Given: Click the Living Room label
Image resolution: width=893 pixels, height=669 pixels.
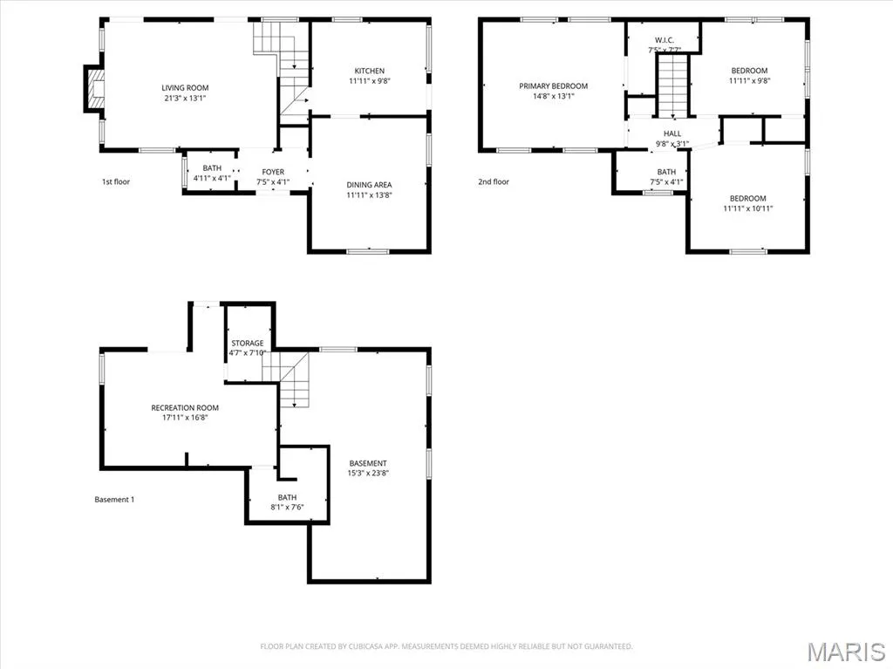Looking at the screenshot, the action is (185, 88).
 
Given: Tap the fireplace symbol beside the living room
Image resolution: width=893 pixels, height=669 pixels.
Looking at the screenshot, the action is (95, 88).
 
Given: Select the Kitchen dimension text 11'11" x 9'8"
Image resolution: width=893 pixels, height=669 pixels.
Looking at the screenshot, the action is (370, 81).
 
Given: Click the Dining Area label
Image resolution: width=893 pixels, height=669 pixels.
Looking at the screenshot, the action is (369, 185).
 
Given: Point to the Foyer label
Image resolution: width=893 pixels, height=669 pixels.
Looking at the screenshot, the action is (273, 172).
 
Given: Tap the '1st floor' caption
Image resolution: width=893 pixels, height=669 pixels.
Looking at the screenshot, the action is (116, 181).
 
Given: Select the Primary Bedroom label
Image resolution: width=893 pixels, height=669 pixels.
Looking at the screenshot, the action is (553, 86).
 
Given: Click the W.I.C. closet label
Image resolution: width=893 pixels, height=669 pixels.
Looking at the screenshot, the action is (664, 40).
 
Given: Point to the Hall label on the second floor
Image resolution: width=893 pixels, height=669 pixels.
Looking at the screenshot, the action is (672, 133).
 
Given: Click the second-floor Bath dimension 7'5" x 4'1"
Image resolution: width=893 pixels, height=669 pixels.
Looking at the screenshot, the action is (666, 182).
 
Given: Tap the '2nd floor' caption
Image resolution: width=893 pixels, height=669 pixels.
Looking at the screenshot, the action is (494, 181).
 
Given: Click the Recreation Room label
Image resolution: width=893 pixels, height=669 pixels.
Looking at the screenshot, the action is (185, 407).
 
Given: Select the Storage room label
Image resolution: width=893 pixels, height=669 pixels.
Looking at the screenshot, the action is (247, 343).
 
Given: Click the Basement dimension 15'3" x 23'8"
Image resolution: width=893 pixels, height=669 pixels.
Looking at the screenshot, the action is (369, 473).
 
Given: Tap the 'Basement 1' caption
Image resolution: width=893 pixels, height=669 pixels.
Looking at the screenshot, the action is (114, 500).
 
